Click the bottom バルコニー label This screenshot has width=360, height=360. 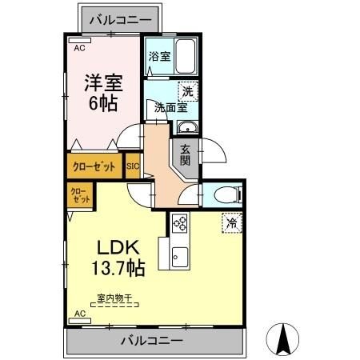click(x=152, y=341)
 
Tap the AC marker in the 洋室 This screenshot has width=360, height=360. click(x=79, y=48)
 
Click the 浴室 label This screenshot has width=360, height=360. click(x=158, y=57)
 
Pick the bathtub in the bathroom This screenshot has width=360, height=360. click(x=185, y=58)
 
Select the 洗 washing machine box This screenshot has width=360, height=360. click(x=188, y=92)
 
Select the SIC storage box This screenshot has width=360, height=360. click(x=133, y=167)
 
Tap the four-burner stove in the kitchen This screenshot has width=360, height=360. click(x=179, y=224)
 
